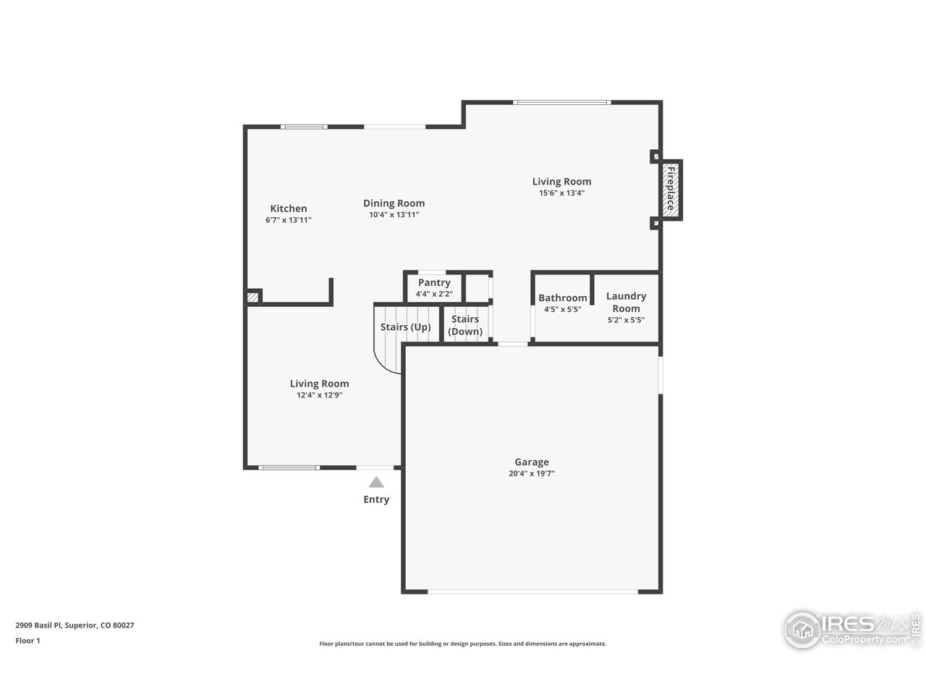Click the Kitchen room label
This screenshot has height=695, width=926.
tap(289, 208)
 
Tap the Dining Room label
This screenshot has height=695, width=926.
tap(394, 203)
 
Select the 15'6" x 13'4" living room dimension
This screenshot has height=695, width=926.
tap(561, 193)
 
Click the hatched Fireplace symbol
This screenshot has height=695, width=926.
tap(671, 190)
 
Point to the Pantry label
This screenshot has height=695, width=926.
tap(434, 282)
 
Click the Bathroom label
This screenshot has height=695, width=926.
tap(562, 298)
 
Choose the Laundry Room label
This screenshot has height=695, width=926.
tap(626, 302)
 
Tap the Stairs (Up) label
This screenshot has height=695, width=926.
tap(405, 327)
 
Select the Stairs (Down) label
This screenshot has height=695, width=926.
tap(465, 325)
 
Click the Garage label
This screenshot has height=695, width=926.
tap(532, 462)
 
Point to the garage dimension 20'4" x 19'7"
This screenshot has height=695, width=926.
tap(532, 474)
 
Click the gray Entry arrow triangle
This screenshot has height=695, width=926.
tap(376, 482)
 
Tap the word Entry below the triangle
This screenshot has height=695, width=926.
tap(376, 500)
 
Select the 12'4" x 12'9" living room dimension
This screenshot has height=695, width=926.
tap(319, 395)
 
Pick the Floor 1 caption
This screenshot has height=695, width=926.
tap(28, 641)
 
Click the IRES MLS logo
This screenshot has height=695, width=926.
tap(851, 628)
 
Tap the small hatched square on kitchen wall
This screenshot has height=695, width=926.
tap(252, 297)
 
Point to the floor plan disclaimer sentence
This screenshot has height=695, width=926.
tap(463, 644)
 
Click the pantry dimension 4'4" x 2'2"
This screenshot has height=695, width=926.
tap(434, 295)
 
